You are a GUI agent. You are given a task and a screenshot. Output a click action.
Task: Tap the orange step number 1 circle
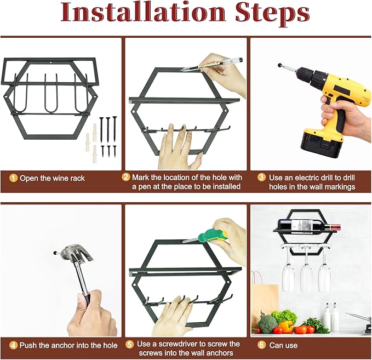click(13, 178)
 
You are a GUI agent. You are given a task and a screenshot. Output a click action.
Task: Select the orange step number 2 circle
click(126, 177)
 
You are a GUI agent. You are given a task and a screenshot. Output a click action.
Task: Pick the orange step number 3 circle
click(261, 178)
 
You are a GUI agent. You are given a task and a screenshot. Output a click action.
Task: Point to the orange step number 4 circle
click(13, 345)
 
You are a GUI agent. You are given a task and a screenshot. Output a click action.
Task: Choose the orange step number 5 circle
click(129, 344)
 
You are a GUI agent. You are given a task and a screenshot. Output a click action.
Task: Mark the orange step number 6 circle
click(261, 345)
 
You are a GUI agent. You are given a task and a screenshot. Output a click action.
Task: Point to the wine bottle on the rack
click(309, 225)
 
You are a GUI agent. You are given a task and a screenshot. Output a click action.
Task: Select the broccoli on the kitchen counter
click(267, 323)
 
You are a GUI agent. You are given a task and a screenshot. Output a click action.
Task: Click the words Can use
click(283, 345)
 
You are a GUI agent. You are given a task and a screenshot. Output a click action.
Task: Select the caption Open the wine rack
click(52, 178)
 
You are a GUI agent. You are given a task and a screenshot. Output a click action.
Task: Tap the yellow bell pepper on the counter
click(285, 326)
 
